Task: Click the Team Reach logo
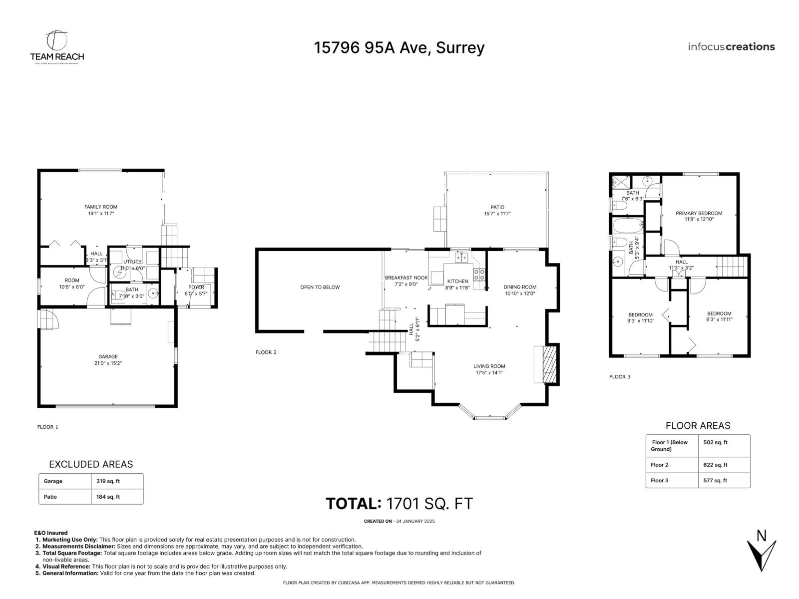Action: click(56, 47)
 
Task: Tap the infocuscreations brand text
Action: click(731, 47)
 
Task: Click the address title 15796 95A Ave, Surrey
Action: click(399, 47)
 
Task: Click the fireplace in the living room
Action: click(548, 364)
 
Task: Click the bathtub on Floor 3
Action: click(627, 226)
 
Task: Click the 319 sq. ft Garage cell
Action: click(108, 481)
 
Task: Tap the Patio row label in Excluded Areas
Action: click(50, 497)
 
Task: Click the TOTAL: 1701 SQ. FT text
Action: click(399, 504)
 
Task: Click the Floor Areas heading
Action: click(698, 426)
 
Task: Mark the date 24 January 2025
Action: click(415, 521)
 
